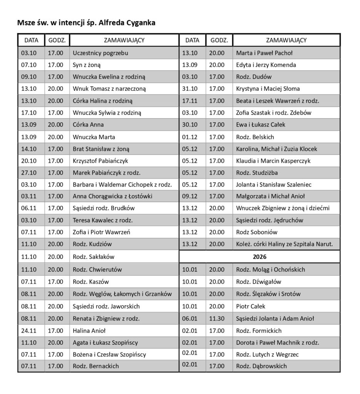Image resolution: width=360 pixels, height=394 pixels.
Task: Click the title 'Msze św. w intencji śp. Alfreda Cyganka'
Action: pyautogui.click(x=86, y=23)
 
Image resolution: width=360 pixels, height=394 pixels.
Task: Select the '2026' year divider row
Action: pyautogui.click(x=260, y=255)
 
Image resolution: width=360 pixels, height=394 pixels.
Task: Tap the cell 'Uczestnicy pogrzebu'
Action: pyautogui.click(x=100, y=53)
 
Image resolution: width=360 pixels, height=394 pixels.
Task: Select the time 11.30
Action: pyautogui.click(x=217, y=318)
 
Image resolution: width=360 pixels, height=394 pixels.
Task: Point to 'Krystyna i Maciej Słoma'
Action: pyautogui.click(x=268, y=88)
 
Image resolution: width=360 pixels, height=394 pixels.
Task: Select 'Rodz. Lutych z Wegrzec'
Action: pyautogui.click(x=267, y=354)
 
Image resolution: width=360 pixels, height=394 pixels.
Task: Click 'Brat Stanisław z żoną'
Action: pyautogui.click(x=102, y=149)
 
